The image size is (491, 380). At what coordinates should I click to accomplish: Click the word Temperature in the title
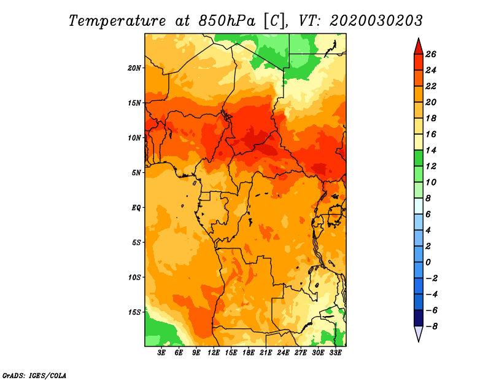coord(117,21)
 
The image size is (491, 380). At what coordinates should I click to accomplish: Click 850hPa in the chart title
coord(226,21)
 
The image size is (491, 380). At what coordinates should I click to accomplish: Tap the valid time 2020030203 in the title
coord(376,21)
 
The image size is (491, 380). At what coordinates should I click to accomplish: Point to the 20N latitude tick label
coord(134,68)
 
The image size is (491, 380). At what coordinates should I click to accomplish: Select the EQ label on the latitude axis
coord(136,208)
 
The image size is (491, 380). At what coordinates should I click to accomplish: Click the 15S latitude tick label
coord(134,312)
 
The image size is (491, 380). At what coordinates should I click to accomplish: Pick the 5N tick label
coord(136,173)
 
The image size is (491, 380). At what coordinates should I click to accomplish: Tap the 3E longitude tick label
coord(161,353)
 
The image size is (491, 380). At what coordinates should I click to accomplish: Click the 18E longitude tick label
coord(249,353)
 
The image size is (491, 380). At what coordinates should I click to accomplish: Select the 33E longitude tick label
coord(335,353)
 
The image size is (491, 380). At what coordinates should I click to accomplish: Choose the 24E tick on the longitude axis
coord(283,353)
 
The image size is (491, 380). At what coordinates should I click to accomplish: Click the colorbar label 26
coord(431,55)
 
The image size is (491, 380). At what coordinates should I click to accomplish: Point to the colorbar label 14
coord(431,151)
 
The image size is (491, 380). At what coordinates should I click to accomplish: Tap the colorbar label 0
coord(428,263)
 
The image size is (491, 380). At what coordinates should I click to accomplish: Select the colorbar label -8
coord(431,327)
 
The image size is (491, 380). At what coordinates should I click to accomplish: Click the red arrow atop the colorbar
coord(419,48)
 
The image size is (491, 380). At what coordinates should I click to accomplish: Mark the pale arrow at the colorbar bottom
coord(419,333)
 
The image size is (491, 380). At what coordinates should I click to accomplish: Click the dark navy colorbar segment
coord(419,318)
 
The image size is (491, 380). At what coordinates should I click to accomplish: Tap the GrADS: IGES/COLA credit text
coord(34,376)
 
